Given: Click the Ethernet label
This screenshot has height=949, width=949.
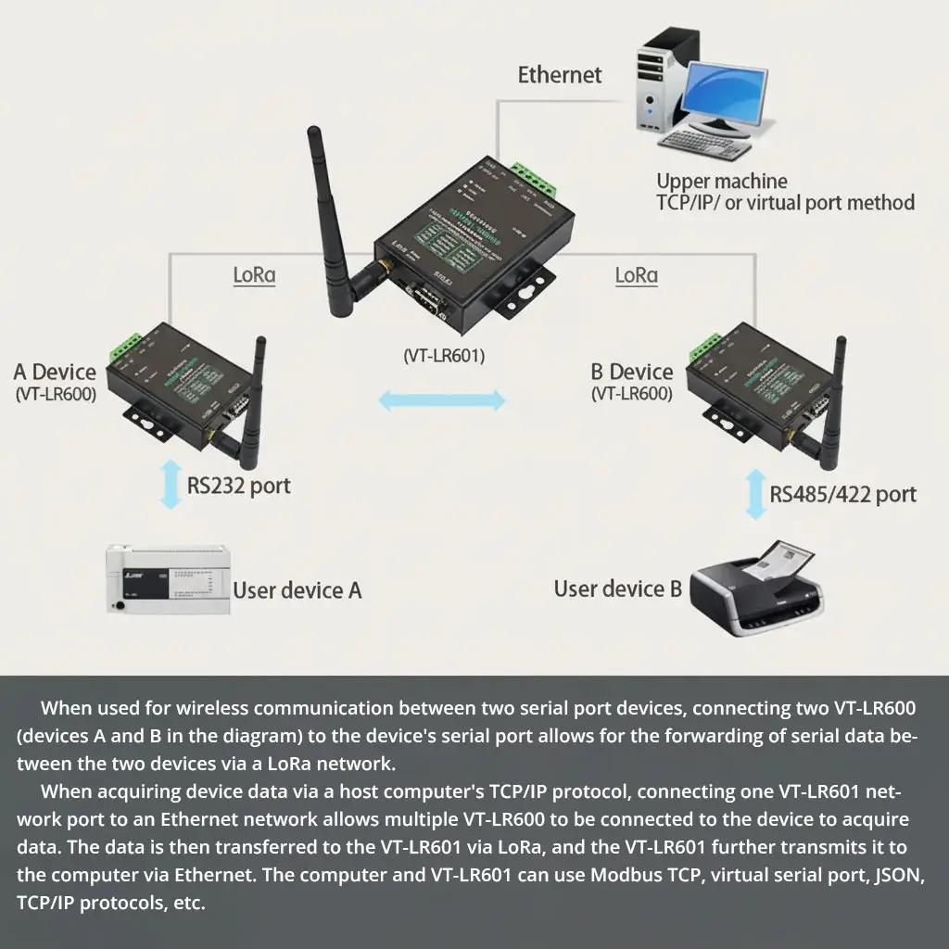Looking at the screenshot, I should point(559,75).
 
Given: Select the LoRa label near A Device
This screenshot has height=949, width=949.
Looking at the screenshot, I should point(254,275).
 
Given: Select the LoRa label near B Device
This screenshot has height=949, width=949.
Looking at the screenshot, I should point(637,275).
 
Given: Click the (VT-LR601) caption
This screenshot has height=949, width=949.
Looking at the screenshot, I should point(444,355).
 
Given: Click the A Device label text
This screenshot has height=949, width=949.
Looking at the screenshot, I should point(55,373).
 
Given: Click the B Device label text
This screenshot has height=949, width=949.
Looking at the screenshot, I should point(632,373).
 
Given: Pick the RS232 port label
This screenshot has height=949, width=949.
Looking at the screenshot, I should point(238,486).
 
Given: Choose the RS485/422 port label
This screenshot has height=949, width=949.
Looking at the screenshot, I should point(842,494).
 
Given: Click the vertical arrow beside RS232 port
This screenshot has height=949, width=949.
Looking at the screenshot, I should point(170,485).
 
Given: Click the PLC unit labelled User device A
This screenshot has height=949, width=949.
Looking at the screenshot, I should point(165,578).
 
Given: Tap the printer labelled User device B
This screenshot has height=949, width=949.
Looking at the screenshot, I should point(755,588).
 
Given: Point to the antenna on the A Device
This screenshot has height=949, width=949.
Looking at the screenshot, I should point(253,408).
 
